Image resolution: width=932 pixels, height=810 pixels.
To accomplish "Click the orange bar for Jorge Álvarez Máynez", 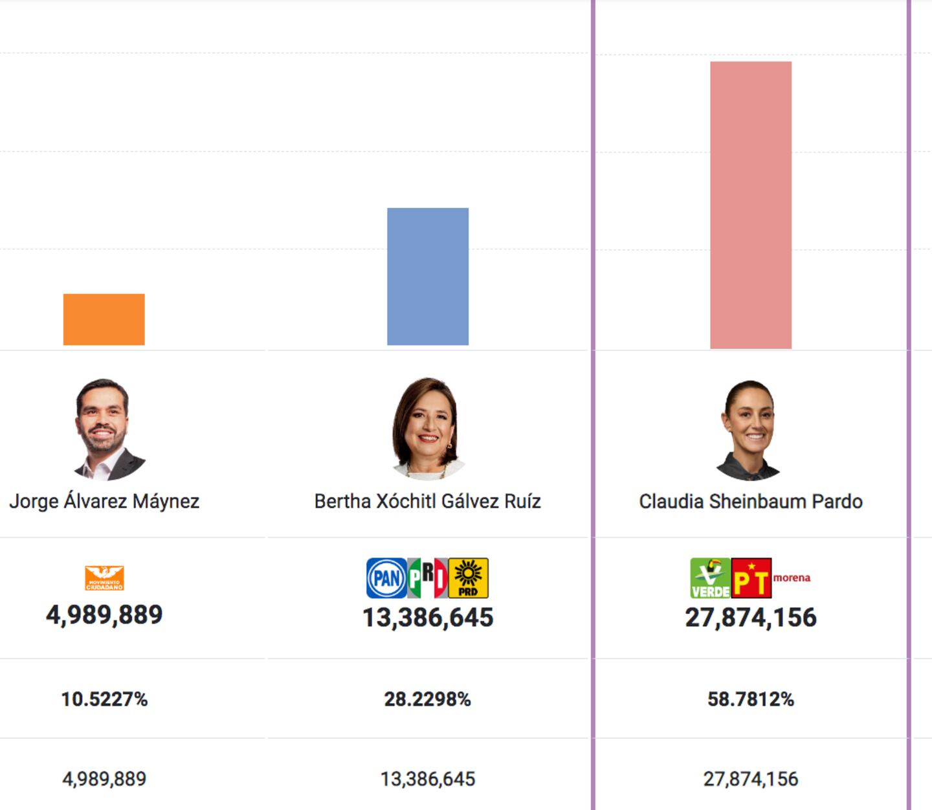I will click(x=104, y=319).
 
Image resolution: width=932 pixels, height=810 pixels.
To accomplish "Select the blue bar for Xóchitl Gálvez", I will click(x=427, y=276).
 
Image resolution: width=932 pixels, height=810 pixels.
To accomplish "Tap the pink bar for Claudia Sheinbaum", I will click(x=750, y=205).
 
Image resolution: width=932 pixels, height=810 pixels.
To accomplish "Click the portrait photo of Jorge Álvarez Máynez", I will click(x=104, y=429).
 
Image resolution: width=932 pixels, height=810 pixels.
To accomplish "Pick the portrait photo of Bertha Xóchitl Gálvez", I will click(x=427, y=429).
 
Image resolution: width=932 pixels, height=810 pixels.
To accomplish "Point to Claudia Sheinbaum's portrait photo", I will click(x=749, y=430).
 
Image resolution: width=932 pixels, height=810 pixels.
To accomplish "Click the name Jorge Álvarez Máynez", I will click(x=104, y=501).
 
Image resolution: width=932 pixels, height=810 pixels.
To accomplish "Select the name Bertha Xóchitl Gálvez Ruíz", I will click(x=427, y=501).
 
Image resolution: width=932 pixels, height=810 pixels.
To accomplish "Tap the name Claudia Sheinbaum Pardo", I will click(x=750, y=501).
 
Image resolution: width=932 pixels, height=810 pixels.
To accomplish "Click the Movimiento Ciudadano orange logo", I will click(x=104, y=578).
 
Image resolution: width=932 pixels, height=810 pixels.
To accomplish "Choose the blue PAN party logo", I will click(x=386, y=578).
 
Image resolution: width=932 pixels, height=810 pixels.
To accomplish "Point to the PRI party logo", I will click(x=427, y=578).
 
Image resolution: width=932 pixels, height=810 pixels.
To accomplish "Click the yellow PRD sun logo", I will click(x=468, y=578).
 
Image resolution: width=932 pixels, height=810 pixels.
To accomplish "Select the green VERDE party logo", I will click(x=710, y=578).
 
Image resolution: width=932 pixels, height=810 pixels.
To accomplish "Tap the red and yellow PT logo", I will click(x=751, y=578).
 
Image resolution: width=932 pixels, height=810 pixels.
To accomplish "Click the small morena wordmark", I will click(x=792, y=578).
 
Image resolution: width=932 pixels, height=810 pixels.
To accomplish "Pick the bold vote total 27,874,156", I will click(x=750, y=617).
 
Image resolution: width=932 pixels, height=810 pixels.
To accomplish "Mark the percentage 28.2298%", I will click(x=427, y=699).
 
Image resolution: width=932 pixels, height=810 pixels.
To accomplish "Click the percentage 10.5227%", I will click(x=104, y=699).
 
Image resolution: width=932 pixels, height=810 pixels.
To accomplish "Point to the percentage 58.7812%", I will click(x=750, y=699).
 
